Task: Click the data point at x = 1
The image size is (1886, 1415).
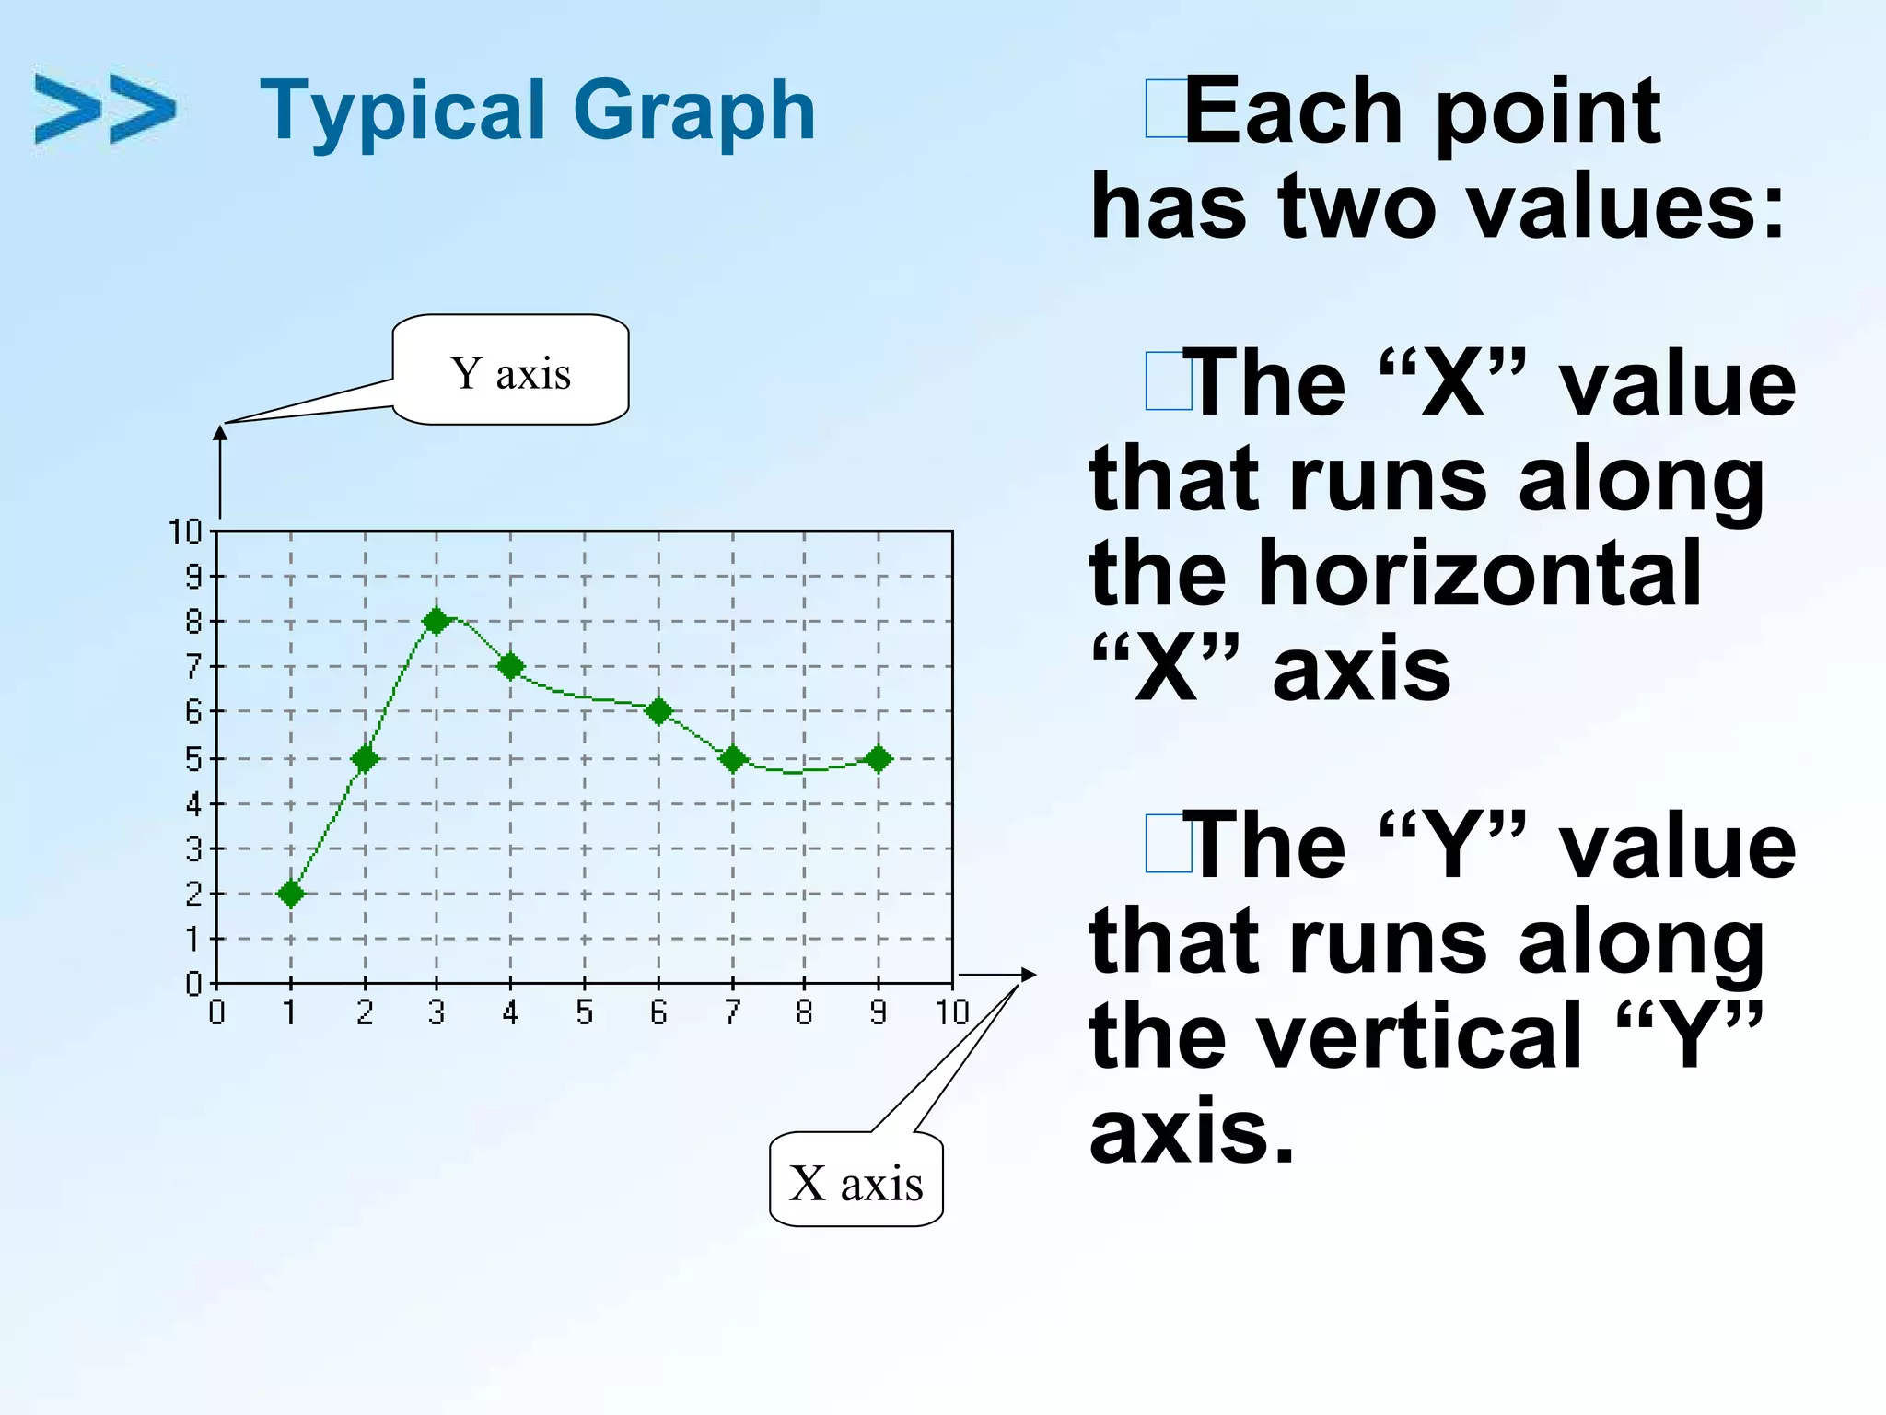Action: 291,894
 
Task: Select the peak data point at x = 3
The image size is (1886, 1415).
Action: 437,621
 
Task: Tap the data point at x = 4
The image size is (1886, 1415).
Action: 511,666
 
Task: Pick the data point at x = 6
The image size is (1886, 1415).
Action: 658,711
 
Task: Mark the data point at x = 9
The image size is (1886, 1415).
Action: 879,759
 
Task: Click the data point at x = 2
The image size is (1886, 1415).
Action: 365,759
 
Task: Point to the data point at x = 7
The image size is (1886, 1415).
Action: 733,759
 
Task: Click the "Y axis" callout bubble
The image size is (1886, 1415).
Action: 511,370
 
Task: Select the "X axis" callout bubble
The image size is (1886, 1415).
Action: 856,1181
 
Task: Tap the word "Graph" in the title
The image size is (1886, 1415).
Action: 694,111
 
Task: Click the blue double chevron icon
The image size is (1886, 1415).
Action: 104,109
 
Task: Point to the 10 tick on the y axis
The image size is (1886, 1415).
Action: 185,532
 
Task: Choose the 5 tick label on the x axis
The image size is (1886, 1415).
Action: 585,1012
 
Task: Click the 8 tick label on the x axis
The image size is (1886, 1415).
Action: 804,1012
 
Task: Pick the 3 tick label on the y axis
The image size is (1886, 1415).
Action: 193,848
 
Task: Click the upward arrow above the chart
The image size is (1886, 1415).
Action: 220,471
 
